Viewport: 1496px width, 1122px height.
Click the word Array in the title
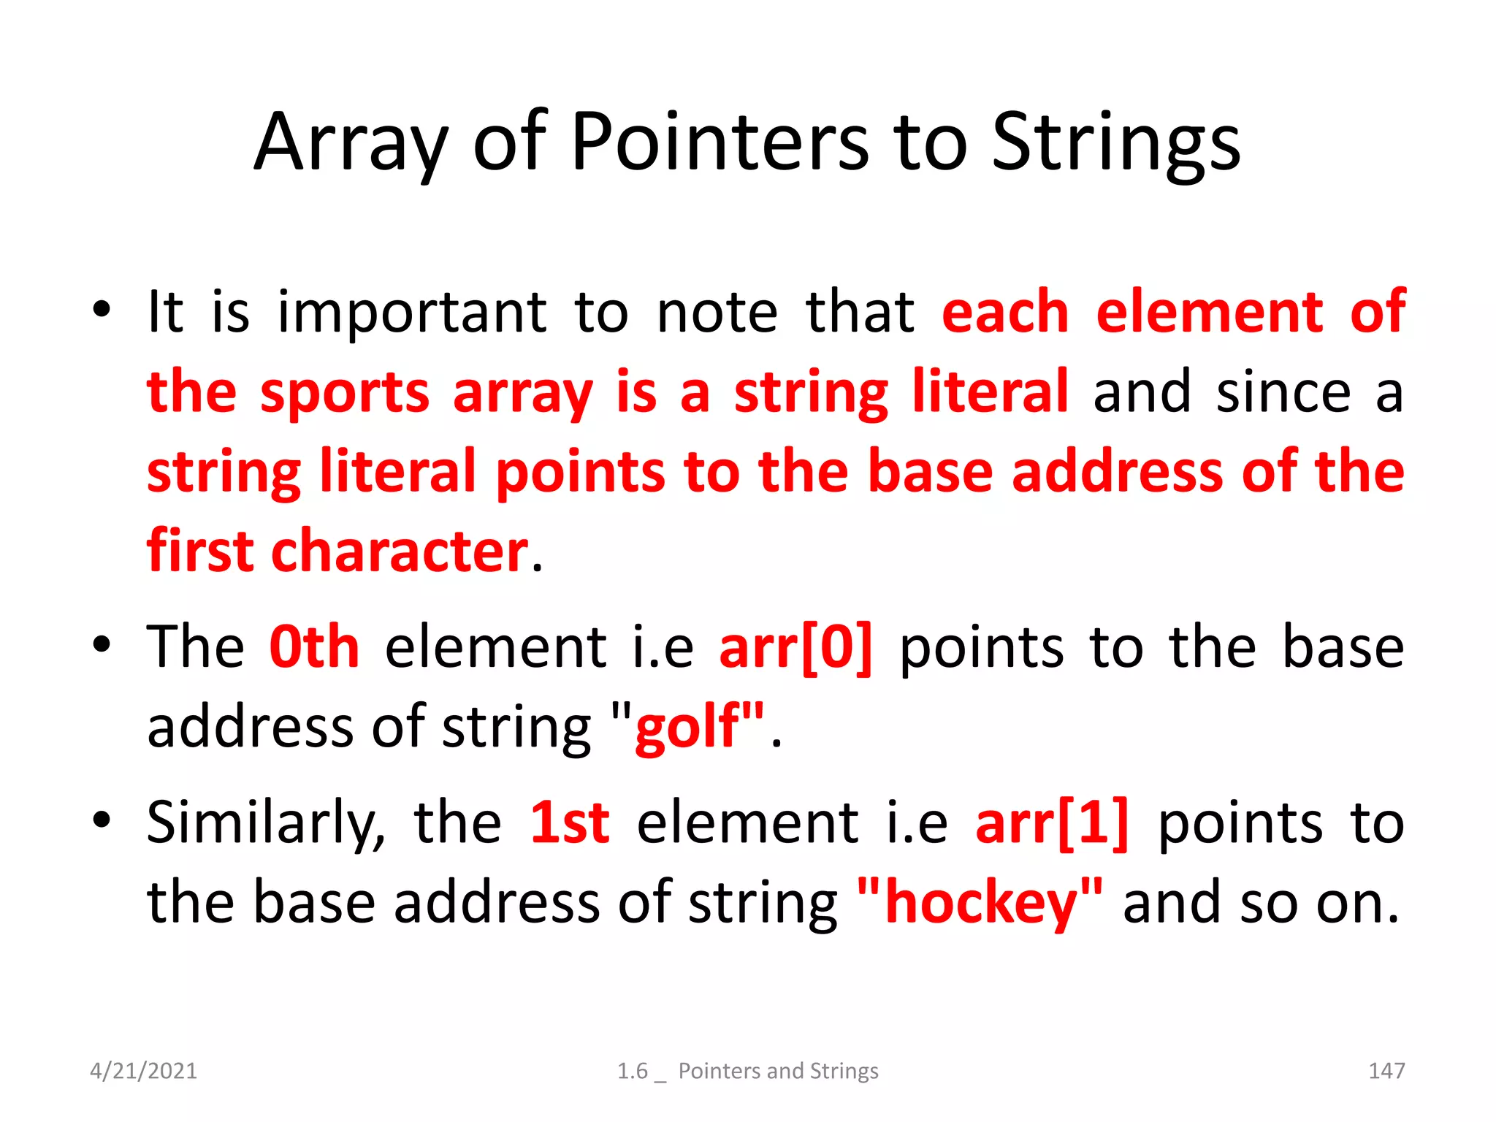[x=349, y=145]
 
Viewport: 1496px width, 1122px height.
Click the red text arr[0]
[x=795, y=647]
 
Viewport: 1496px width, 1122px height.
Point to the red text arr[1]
[x=1052, y=823]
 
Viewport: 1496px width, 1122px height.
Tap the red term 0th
[x=314, y=647]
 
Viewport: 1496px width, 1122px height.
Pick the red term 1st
[x=570, y=823]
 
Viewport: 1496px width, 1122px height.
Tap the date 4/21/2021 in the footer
[x=143, y=1071]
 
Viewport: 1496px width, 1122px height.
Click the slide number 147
[x=1386, y=1071]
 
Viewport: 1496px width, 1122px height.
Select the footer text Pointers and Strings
[x=778, y=1071]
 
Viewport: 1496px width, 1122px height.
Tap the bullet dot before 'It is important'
[x=102, y=310]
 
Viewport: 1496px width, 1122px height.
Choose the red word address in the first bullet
[x=1117, y=472]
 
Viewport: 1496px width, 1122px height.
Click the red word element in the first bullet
[x=1209, y=313]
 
